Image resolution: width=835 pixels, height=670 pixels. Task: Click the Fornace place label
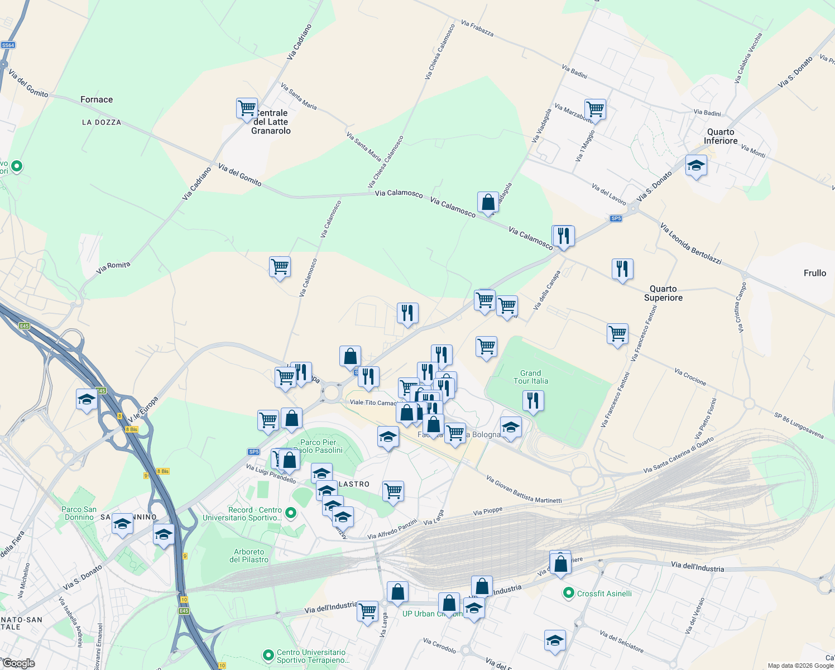click(97, 99)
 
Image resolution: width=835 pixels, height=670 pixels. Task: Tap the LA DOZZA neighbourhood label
click(102, 122)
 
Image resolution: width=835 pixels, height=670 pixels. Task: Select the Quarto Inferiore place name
click(721, 136)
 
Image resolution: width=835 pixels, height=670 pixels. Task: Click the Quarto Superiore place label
click(663, 293)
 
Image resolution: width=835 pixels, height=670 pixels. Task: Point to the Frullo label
click(814, 273)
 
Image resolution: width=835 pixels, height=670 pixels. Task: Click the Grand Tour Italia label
click(531, 377)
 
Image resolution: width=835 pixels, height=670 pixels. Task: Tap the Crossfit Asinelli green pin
click(569, 593)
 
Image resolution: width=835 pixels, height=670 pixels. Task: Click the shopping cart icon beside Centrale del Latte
click(247, 108)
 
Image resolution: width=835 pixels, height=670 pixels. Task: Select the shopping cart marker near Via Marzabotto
click(595, 109)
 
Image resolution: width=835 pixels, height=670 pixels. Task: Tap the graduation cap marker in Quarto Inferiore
click(696, 166)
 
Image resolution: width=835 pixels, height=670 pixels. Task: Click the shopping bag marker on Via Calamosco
click(488, 203)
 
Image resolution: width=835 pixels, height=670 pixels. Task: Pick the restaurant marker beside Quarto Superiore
click(622, 269)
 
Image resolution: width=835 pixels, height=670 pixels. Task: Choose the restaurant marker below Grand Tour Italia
click(533, 401)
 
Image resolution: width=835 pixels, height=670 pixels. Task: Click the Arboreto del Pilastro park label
click(249, 556)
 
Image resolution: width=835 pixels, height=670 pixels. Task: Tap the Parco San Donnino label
click(79, 513)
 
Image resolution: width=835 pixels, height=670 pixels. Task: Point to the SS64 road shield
click(8, 45)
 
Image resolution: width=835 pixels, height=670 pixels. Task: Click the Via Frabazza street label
click(477, 28)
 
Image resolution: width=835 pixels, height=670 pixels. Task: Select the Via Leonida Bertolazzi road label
click(690, 243)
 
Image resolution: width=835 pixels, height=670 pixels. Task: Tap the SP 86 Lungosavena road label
click(799, 426)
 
